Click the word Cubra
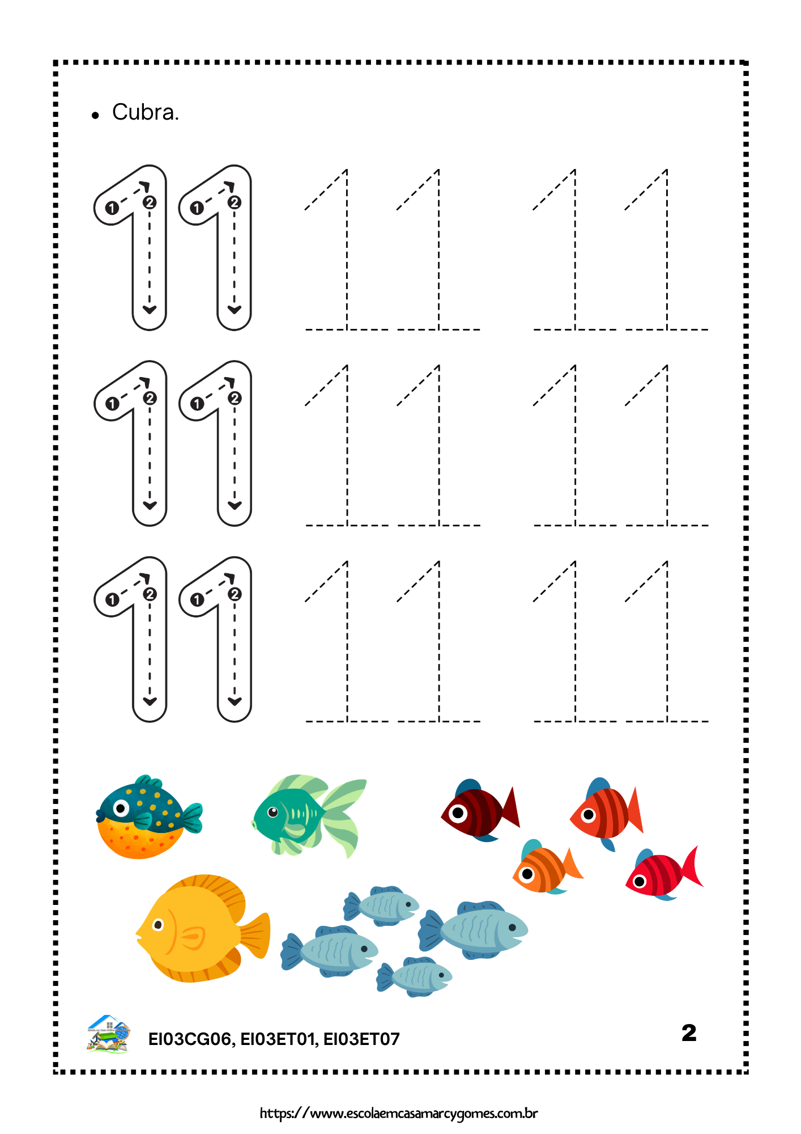(146, 112)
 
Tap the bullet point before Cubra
(95, 116)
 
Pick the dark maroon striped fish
(480, 810)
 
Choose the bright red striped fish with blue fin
(664, 874)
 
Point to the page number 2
(689, 1033)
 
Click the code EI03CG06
(190, 1039)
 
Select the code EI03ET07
(361, 1039)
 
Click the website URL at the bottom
(399, 1113)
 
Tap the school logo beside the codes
(109, 1034)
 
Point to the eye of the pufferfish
(121, 807)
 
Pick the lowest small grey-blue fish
(414, 976)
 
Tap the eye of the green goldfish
(273, 812)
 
